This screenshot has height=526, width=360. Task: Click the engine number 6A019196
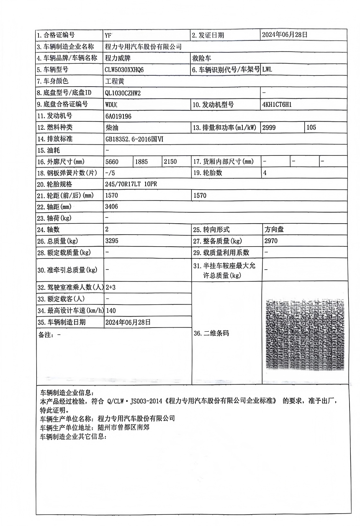119,116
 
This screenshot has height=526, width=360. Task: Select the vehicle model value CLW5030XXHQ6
124,70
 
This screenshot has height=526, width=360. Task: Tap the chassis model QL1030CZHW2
123,93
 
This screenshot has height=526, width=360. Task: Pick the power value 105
311,128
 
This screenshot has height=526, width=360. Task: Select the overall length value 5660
113,161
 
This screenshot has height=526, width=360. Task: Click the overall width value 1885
141,161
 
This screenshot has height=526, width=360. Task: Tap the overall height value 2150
170,161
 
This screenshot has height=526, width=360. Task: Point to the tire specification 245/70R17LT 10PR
131,184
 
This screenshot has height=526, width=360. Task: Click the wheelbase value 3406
113,206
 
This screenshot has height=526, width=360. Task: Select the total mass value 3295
113,241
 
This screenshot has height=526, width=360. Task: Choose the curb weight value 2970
271,241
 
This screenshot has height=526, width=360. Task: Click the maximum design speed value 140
111,310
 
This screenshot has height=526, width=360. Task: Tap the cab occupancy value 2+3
111,288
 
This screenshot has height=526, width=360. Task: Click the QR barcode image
305,334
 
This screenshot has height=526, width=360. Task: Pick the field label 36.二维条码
211,333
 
